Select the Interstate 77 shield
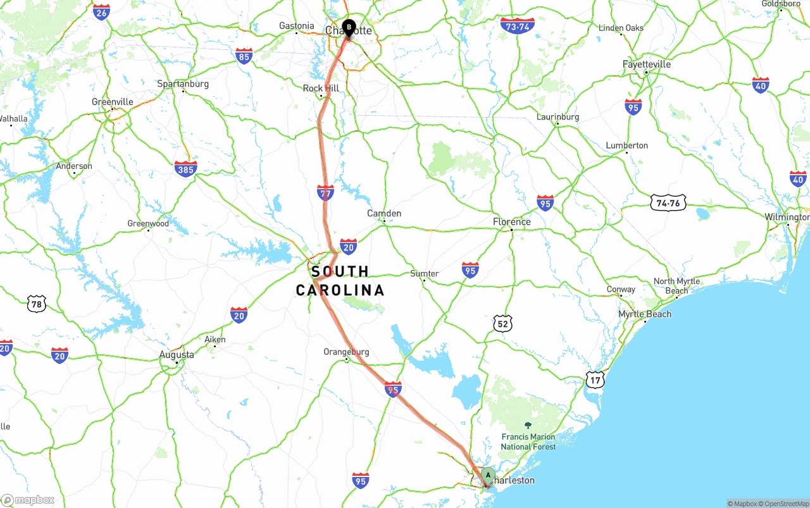click(325, 192)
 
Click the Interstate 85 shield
click(244, 56)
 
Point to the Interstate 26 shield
click(101, 12)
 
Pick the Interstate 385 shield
click(185, 168)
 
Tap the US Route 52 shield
click(502, 323)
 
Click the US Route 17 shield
click(595, 380)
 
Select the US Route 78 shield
click(37, 304)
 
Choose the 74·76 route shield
click(668, 202)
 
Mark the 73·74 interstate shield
click(517, 26)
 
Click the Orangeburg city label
click(346, 352)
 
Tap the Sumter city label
click(424, 273)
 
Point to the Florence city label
click(511, 221)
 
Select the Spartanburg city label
click(183, 84)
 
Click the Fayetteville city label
click(646, 64)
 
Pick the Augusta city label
click(177, 354)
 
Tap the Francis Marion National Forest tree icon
click(528, 426)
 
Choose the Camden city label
click(384, 213)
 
